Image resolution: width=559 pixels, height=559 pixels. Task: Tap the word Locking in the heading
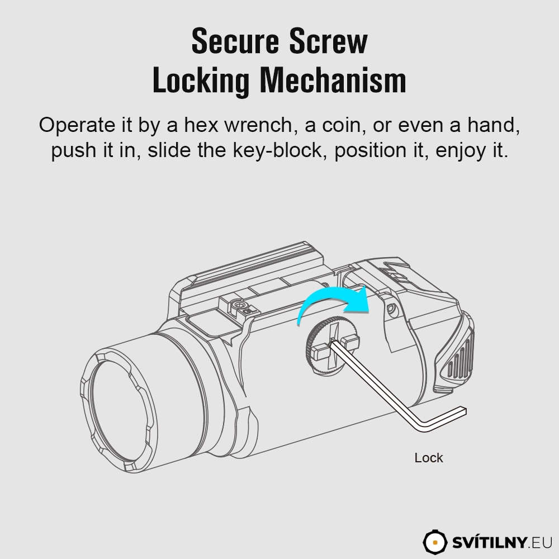pos(201,81)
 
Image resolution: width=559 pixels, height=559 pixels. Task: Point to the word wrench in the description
pos(258,125)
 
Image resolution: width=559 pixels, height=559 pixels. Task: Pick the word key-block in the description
pos(277,150)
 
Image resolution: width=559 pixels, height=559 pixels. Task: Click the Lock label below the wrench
pos(429,458)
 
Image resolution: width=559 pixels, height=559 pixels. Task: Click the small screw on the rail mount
pos(239,305)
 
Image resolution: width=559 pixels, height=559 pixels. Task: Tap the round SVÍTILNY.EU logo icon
pos(435,542)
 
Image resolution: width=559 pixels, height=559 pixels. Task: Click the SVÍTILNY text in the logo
pos(489,542)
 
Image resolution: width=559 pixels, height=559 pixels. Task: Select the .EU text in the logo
pos(540,543)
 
